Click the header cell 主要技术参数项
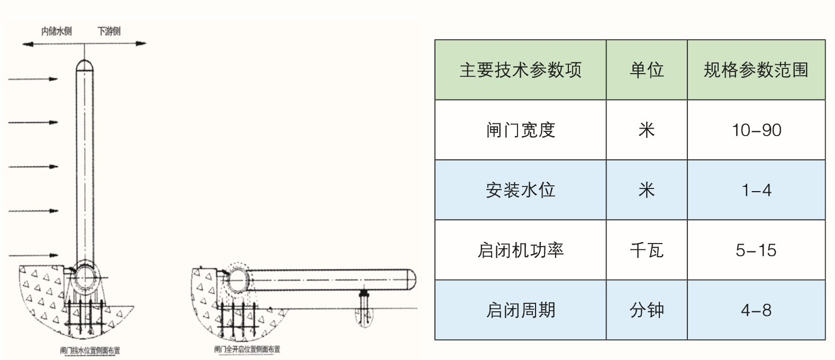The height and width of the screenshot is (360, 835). [520, 70]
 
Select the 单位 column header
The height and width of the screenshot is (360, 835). [647, 70]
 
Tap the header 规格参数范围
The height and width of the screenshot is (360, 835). [756, 70]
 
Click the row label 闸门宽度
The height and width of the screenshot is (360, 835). [520, 130]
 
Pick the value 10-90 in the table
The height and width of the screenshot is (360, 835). [756, 130]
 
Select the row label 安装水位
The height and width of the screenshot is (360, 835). [520, 190]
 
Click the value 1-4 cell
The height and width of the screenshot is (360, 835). [756, 190]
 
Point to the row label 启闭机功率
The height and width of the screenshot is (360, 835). [520, 250]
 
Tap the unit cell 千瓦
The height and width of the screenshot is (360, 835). [647, 250]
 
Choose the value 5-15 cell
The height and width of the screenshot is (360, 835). [756, 250]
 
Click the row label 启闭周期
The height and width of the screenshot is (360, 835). [520, 310]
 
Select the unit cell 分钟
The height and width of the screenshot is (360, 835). [647, 310]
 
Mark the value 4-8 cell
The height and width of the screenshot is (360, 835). [756, 310]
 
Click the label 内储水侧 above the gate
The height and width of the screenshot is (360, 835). [57, 31]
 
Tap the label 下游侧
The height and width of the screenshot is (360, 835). [108, 31]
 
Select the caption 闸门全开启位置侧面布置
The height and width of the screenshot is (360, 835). [247, 349]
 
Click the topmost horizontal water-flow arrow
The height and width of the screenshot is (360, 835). [33, 79]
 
